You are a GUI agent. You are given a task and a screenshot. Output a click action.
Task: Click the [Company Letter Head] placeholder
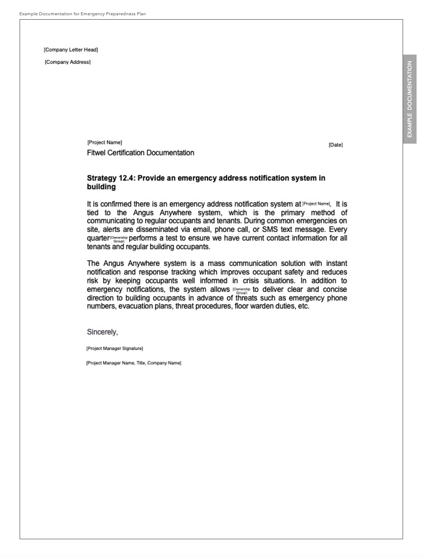point(71,50)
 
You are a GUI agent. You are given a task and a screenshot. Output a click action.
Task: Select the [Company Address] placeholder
point(68,62)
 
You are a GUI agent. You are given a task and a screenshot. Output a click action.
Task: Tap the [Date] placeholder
point(335,145)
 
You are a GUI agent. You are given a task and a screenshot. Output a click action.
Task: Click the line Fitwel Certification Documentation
point(140,153)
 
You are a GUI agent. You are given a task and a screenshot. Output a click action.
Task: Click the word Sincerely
point(102,332)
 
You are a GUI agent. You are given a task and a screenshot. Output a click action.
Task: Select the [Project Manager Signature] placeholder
point(114,348)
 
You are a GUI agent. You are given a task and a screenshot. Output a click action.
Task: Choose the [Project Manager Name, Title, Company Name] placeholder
point(133,363)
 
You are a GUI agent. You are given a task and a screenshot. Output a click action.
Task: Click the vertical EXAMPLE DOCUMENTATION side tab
point(410,99)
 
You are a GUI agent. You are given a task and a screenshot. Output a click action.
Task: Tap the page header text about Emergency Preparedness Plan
point(82,14)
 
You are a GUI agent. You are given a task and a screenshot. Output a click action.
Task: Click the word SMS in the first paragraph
point(270,230)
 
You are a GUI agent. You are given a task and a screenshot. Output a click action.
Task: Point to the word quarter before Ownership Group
point(98,238)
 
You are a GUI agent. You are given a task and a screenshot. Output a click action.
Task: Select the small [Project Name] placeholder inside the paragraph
point(316,204)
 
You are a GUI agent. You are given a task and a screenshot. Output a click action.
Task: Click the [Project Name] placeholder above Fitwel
point(105,142)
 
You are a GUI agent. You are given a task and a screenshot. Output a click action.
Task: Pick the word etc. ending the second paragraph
point(303,307)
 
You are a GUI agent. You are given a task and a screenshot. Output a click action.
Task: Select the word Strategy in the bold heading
point(102,178)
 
